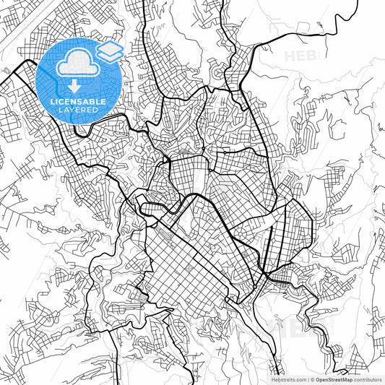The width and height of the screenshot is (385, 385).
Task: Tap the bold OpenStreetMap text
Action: point(334,379)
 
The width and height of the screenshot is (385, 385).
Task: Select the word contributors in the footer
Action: point(368,379)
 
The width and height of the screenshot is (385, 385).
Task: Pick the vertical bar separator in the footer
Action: point(308,379)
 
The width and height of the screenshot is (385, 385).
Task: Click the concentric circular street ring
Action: point(217,73)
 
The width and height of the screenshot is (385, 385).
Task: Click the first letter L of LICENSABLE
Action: point(51,101)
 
